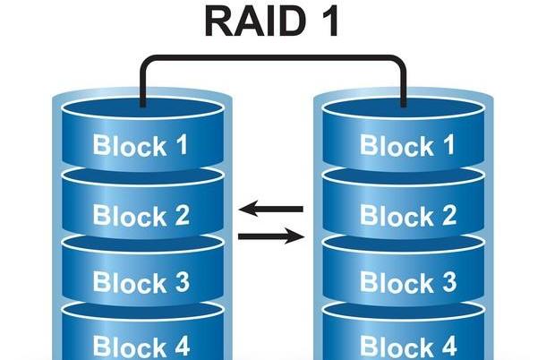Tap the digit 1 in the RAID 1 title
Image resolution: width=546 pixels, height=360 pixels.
pos(328,21)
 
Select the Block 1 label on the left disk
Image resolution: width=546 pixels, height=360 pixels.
pos(141,145)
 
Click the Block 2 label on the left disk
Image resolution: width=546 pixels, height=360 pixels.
pos(141,215)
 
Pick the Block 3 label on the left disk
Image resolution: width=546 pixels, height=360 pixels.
pos(141,283)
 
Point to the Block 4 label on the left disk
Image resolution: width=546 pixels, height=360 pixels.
pos(141,346)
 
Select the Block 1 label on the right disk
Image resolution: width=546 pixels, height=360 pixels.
pos(408,145)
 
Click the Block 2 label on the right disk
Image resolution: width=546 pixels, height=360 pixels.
pos(408,215)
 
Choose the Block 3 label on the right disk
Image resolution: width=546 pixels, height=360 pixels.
pos(408,283)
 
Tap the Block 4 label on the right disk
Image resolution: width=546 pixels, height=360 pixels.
pos(408,346)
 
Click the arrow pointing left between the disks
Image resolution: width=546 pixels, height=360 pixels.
pos(272,210)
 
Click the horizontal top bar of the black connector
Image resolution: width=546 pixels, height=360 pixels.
pos(273,58)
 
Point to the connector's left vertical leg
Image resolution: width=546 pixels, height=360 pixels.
pos(142,85)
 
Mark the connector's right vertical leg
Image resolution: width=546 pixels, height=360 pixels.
pos(405,85)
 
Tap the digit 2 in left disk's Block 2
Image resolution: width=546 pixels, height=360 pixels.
pos(181,215)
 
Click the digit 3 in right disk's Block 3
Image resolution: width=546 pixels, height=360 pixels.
pos(448,283)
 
